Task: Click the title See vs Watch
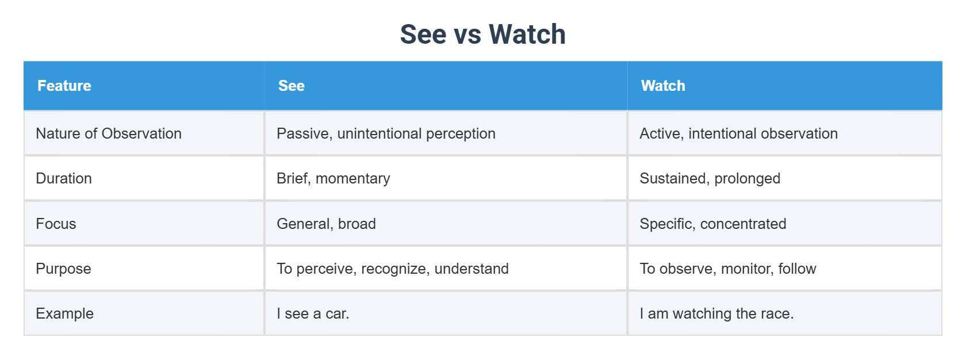pyautogui.click(x=482, y=34)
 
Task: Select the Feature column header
pyautogui.click(x=64, y=86)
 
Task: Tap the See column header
pyautogui.click(x=292, y=86)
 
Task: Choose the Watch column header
pyautogui.click(x=663, y=86)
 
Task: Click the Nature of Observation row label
pyautogui.click(x=109, y=133)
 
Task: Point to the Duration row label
pyautogui.click(x=64, y=178)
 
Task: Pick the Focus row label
pyautogui.click(x=56, y=224)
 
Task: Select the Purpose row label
pyautogui.click(x=63, y=269)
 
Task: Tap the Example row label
pyautogui.click(x=64, y=313)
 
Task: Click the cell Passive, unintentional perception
pyautogui.click(x=386, y=133)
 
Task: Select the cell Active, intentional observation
pyautogui.click(x=738, y=133)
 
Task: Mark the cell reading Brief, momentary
pyautogui.click(x=333, y=178)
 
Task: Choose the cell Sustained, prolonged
pyautogui.click(x=710, y=178)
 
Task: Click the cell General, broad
pyautogui.click(x=326, y=224)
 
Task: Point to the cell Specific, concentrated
pyautogui.click(x=712, y=224)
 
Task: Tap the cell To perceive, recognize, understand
pyautogui.click(x=392, y=269)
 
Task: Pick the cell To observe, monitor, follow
pyautogui.click(x=727, y=269)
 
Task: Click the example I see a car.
pyautogui.click(x=313, y=313)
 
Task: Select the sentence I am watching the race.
pyautogui.click(x=716, y=313)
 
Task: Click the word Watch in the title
pyautogui.click(x=527, y=34)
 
